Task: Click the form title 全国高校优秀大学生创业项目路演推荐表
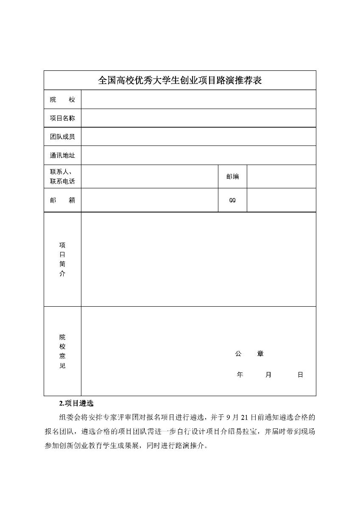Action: point(180,80)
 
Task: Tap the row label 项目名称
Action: point(62,118)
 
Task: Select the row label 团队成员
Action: point(62,137)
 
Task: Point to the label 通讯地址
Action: point(62,156)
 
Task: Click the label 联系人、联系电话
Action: point(62,176)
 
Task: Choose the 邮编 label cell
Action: point(232,176)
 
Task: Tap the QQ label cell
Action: point(232,200)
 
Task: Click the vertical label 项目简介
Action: point(62,259)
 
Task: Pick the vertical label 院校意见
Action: point(62,351)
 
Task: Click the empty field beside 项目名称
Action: point(198,118)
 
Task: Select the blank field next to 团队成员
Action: point(198,137)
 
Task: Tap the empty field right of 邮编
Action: point(281,176)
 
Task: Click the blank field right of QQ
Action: point(281,200)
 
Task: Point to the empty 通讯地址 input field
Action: point(198,155)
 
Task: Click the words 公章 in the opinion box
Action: point(249,354)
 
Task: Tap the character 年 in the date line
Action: point(240,375)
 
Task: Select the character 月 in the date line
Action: point(268,375)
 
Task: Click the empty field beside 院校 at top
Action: point(198,99)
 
